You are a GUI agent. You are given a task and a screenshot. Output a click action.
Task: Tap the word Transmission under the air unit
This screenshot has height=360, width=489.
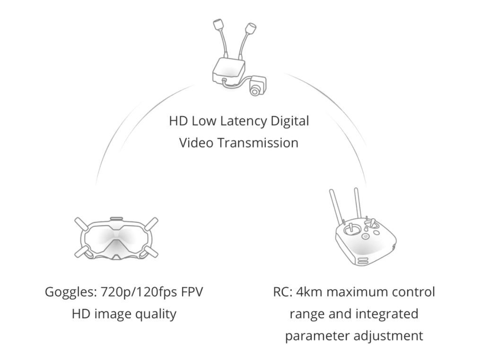tap(258, 143)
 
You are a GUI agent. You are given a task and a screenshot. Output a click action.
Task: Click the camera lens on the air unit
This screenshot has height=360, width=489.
tap(255, 91)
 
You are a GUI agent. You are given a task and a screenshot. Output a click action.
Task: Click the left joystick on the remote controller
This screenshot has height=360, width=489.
tap(351, 229)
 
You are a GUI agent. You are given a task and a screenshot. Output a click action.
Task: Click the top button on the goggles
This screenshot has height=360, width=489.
tap(116, 219)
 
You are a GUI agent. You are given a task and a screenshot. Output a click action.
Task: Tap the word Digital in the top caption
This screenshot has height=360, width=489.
tap(290, 121)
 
